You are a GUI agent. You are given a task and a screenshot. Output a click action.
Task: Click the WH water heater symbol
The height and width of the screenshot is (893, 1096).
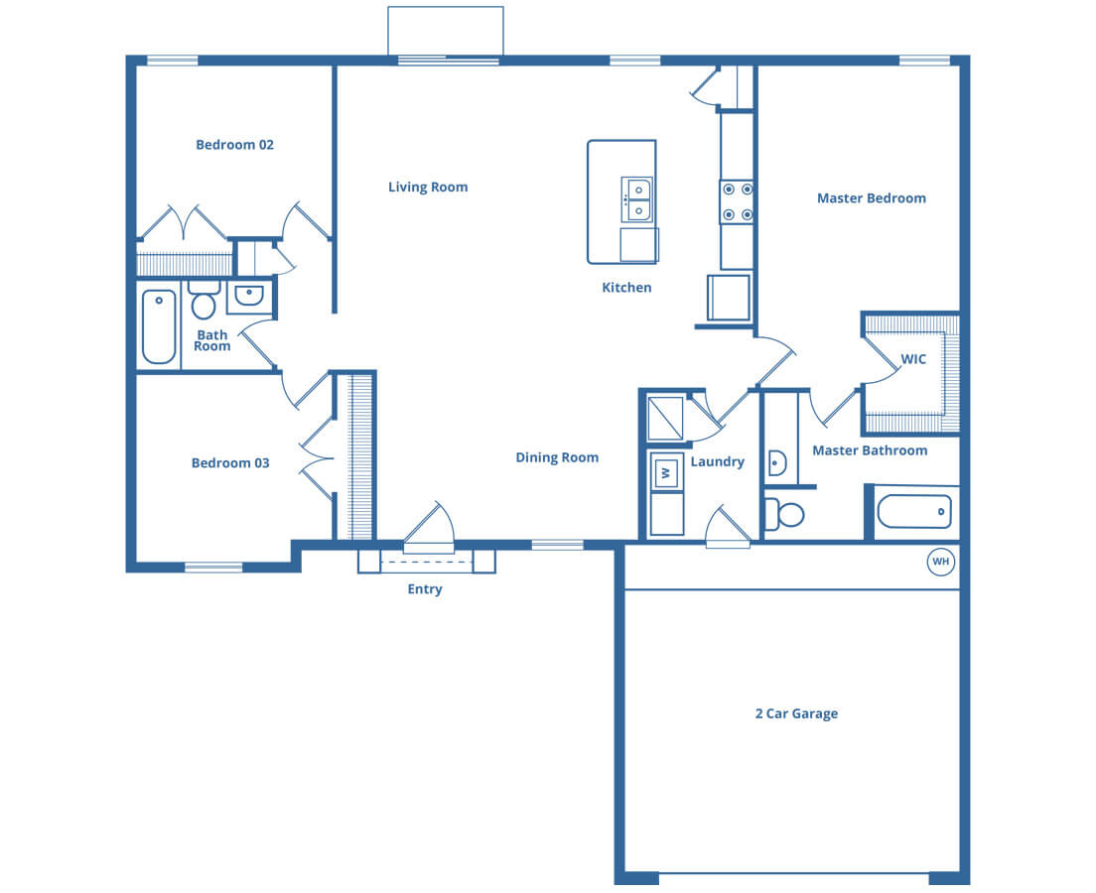point(941,562)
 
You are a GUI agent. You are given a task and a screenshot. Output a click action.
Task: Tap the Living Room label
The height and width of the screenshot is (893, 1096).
point(428,187)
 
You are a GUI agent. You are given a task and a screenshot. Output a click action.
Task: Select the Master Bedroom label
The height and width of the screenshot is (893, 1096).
point(871,197)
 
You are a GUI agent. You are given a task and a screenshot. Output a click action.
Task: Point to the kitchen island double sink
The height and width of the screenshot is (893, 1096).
point(637,199)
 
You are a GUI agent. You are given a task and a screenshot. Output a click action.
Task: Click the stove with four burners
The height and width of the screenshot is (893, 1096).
point(738,202)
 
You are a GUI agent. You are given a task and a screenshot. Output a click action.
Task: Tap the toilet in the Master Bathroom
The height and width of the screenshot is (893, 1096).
point(784,515)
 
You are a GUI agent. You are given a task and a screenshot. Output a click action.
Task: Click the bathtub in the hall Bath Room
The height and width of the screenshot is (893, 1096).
point(160,326)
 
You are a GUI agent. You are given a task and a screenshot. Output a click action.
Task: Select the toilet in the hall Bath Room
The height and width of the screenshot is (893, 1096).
point(204,299)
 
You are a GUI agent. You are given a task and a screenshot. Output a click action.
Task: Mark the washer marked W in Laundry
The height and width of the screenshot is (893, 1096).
point(666,472)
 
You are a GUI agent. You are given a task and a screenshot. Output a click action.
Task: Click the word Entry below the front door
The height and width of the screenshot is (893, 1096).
point(425,589)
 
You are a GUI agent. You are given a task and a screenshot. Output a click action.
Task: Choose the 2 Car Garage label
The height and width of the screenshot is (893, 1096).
point(796,713)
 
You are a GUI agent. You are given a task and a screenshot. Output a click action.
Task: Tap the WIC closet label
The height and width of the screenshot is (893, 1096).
point(913,359)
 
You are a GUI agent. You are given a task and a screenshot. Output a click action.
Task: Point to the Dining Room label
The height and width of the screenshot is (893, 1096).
point(557,457)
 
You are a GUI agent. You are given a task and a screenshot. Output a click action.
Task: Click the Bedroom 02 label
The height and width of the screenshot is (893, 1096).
point(235,145)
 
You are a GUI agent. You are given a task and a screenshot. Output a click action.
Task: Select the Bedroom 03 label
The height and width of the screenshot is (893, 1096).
point(230,462)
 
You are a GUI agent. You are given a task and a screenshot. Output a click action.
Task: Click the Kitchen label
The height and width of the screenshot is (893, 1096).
point(626,287)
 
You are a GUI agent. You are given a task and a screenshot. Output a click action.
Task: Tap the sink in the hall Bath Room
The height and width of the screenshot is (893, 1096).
point(248,297)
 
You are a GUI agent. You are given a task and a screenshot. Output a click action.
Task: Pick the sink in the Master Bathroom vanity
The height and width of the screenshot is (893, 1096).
point(777,462)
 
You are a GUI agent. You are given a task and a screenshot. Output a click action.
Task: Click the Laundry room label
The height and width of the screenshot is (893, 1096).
point(717,461)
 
